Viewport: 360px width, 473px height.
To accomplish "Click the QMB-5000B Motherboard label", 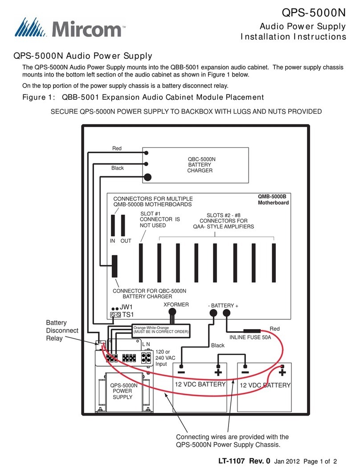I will click(x=273, y=200).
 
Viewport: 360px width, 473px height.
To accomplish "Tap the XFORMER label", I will click(x=176, y=305).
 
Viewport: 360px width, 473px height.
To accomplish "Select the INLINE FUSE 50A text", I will click(x=250, y=338).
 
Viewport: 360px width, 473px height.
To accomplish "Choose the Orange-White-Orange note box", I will click(x=160, y=330).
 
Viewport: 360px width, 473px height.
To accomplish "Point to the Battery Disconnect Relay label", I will click(x=62, y=330).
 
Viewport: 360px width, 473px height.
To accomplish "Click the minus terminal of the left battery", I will click(x=181, y=371).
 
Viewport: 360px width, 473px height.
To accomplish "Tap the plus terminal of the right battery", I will click(x=282, y=371).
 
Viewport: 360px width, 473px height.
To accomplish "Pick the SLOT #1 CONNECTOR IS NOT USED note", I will click(x=159, y=219).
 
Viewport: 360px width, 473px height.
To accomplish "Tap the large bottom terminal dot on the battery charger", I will click(x=148, y=177).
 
